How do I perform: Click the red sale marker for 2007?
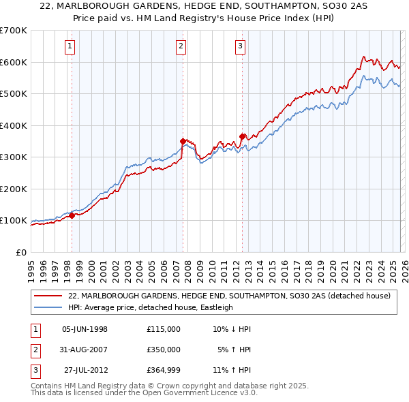click(183, 141)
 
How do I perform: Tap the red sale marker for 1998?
click(72, 216)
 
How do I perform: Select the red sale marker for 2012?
click(242, 136)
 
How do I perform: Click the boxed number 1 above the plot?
click(71, 46)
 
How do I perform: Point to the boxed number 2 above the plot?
click(181, 46)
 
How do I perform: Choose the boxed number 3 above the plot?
click(241, 46)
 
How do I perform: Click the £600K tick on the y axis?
click(13, 62)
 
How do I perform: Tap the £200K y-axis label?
click(13, 189)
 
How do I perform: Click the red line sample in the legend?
click(49, 296)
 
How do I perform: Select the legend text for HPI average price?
click(150, 307)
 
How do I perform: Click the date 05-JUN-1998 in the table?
click(85, 329)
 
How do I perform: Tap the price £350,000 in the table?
click(163, 350)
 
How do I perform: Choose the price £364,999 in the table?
click(163, 370)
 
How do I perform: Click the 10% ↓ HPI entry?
click(232, 329)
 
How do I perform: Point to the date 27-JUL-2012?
click(85, 370)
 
